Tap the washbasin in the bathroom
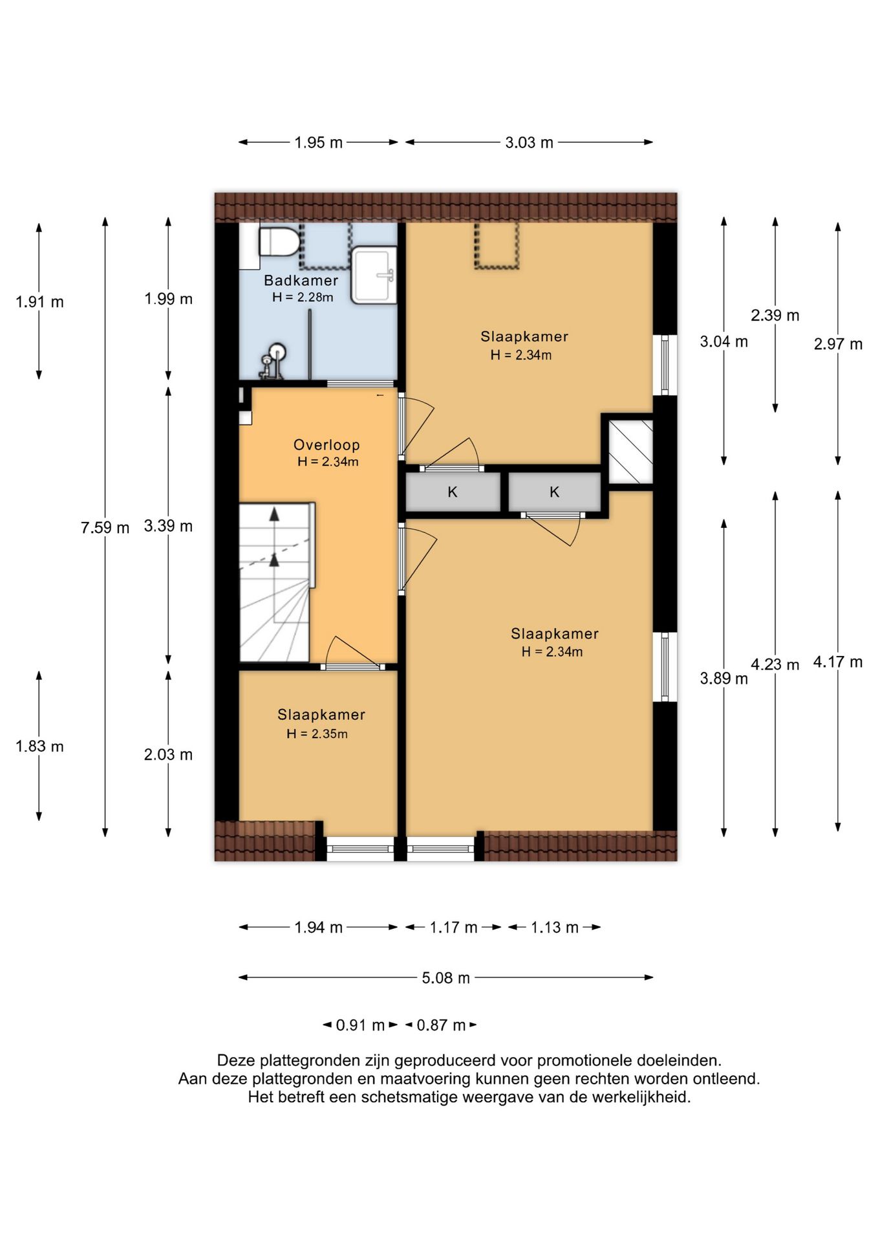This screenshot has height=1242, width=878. (374, 275)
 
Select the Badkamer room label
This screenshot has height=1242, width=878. (301, 280)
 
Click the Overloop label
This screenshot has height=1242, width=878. (327, 444)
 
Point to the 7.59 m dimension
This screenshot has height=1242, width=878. (105, 527)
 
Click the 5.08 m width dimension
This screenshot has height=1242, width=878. (446, 977)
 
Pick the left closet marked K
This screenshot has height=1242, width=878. (453, 492)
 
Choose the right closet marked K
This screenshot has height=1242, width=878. (554, 492)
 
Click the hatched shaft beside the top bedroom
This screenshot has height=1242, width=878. (631, 452)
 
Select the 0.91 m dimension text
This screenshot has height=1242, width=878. (360, 1025)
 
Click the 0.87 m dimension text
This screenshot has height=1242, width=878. (441, 1025)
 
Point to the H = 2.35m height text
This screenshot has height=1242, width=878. (317, 734)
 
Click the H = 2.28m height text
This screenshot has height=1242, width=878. (303, 298)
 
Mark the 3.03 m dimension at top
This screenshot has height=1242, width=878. (529, 142)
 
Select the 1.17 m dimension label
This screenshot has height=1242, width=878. (453, 928)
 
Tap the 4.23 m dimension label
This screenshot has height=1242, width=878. (775, 664)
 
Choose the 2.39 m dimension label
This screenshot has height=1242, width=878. (775, 315)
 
